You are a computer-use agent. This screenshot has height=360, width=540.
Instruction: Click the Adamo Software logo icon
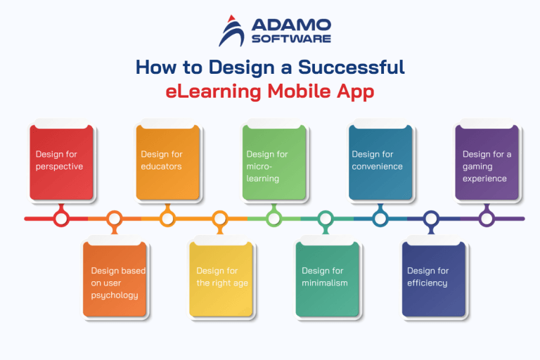[x=231, y=31]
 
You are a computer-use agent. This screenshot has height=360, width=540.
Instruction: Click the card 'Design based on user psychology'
[x=115, y=280]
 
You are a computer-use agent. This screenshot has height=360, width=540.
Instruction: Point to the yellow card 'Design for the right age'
[x=221, y=280]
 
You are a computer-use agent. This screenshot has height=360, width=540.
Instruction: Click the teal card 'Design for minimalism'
[x=327, y=280]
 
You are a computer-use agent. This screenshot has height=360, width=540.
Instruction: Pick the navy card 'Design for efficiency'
[x=433, y=280]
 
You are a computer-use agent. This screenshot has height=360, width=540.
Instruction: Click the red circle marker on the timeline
[x=61, y=219]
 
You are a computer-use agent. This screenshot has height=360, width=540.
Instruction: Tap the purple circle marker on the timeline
[x=487, y=219]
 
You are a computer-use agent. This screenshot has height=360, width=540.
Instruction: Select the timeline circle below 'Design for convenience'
[x=380, y=219]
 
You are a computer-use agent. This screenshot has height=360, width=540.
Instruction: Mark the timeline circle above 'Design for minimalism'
[x=326, y=219]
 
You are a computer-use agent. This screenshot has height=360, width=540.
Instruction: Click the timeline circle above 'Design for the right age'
[x=220, y=219]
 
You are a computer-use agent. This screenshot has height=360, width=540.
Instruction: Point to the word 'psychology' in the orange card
[x=115, y=295]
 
